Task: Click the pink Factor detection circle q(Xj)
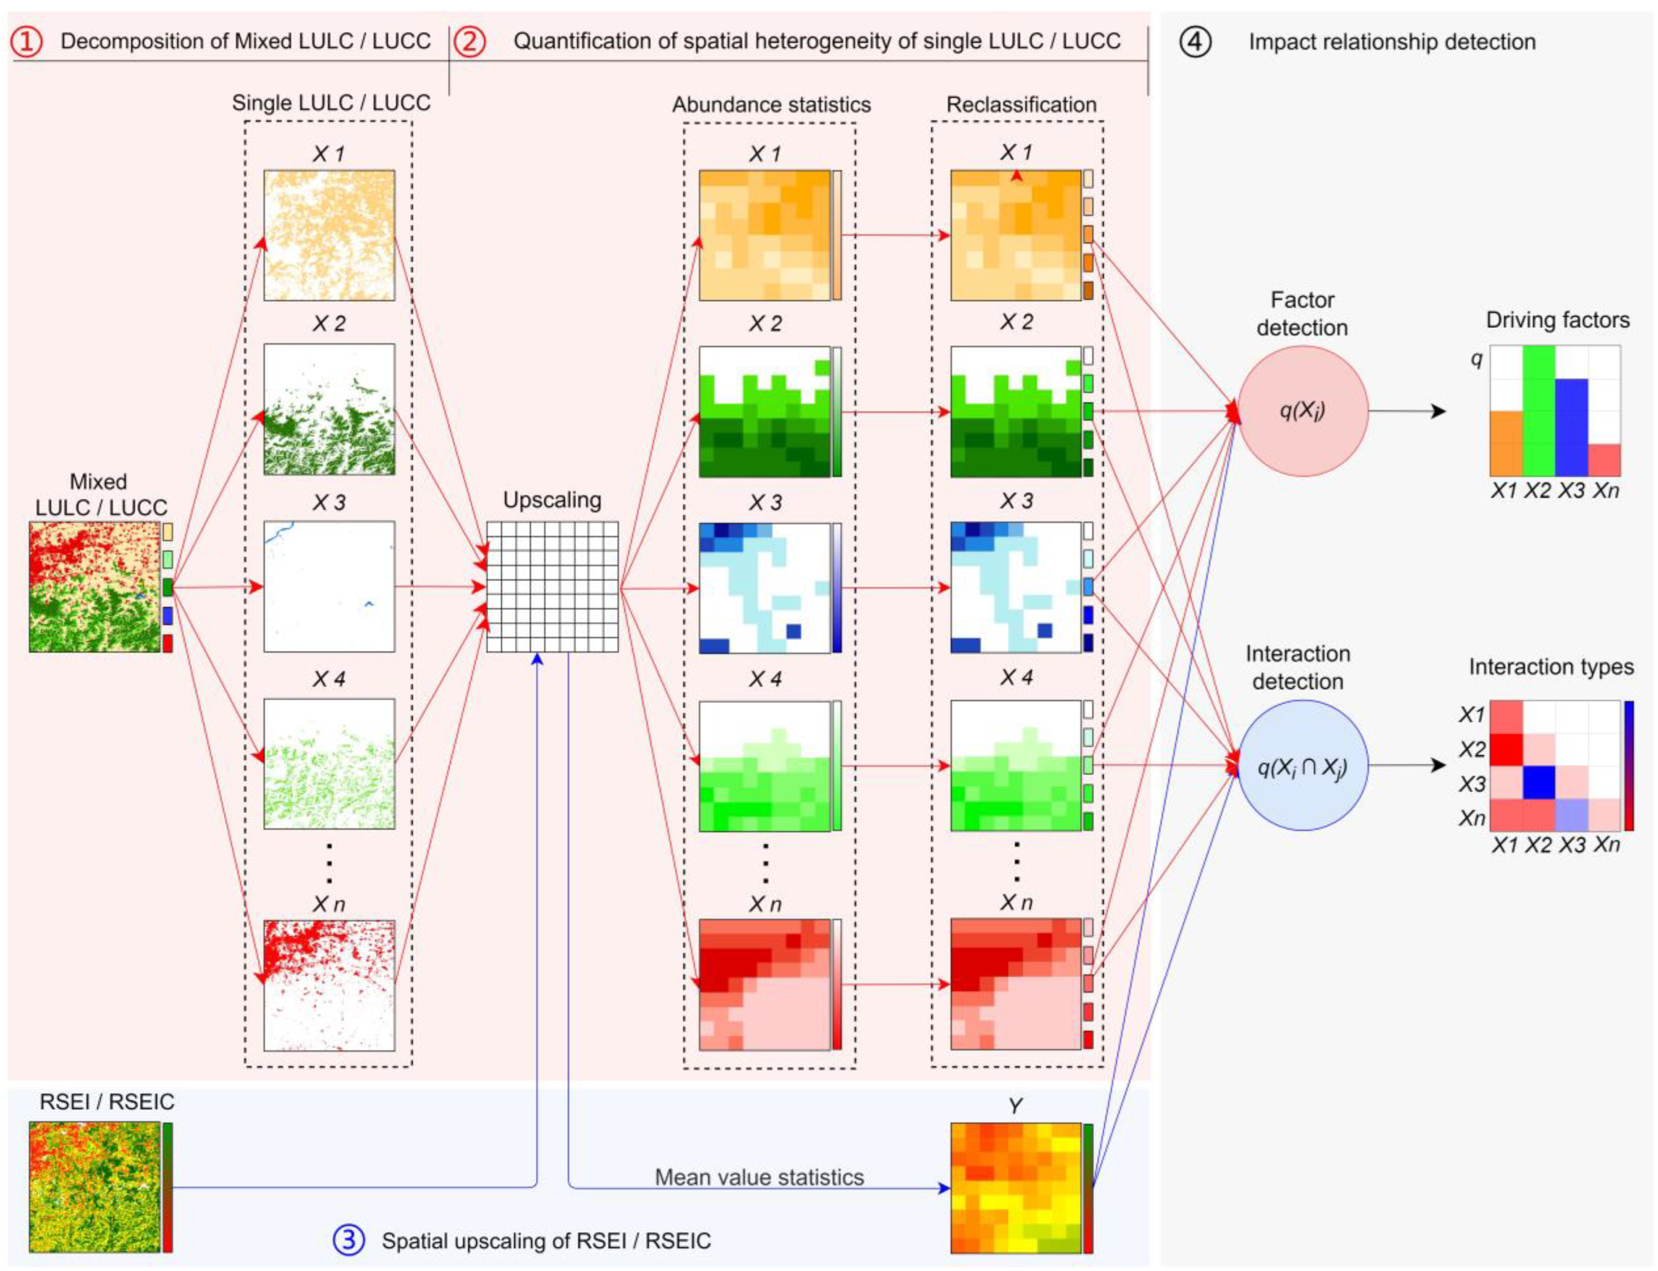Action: coord(1302,411)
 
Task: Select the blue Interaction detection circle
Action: coord(1302,766)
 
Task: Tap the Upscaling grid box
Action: coord(552,587)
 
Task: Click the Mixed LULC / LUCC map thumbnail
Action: coord(94,587)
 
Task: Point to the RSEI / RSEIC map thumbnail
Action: coord(94,1186)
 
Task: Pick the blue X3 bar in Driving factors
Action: coord(1571,427)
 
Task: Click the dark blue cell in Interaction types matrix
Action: coord(1539,782)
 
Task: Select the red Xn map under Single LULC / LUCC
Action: coord(329,985)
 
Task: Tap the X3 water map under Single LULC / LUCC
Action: coord(329,587)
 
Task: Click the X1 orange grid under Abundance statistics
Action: coord(764,235)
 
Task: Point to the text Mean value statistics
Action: coord(759,1177)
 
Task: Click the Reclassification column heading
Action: coord(1021,104)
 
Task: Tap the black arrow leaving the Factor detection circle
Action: coord(1408,411)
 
